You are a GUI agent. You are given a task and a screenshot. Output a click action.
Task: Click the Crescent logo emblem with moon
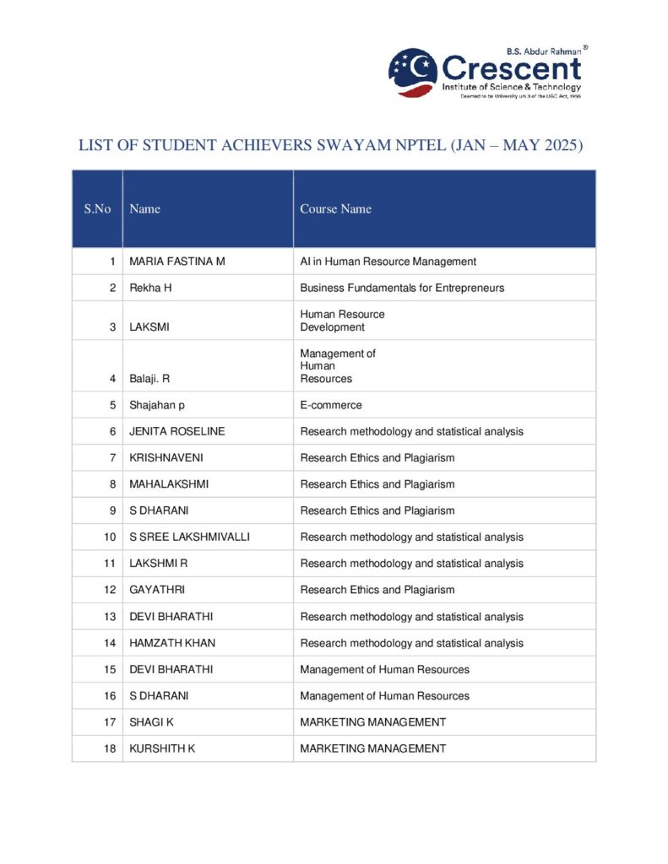413,73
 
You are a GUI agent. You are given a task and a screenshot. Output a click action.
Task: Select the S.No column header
97,209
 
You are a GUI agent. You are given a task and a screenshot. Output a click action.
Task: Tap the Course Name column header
335,209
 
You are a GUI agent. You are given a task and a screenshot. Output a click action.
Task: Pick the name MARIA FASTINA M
177,262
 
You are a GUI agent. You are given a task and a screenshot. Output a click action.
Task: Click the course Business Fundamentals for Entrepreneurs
402,288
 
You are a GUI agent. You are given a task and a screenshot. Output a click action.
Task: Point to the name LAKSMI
149,327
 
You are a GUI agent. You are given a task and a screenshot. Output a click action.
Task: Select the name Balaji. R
150,379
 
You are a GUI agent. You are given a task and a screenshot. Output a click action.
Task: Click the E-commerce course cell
331,405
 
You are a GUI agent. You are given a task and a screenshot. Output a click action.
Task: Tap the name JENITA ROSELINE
177,431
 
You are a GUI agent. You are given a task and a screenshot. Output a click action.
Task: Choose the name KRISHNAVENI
166,458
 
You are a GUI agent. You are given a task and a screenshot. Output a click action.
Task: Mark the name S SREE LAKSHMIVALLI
189,537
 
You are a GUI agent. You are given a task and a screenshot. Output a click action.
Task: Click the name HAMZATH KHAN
172,643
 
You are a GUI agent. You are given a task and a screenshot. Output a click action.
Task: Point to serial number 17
110,722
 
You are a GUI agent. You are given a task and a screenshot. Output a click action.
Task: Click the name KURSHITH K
162,748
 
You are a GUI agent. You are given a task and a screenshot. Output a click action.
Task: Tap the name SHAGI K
152,722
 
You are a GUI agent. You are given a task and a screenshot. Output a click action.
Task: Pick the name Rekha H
150,288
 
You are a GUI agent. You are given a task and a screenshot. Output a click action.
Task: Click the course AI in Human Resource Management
388,262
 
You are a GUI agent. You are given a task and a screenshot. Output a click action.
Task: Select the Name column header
144,209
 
